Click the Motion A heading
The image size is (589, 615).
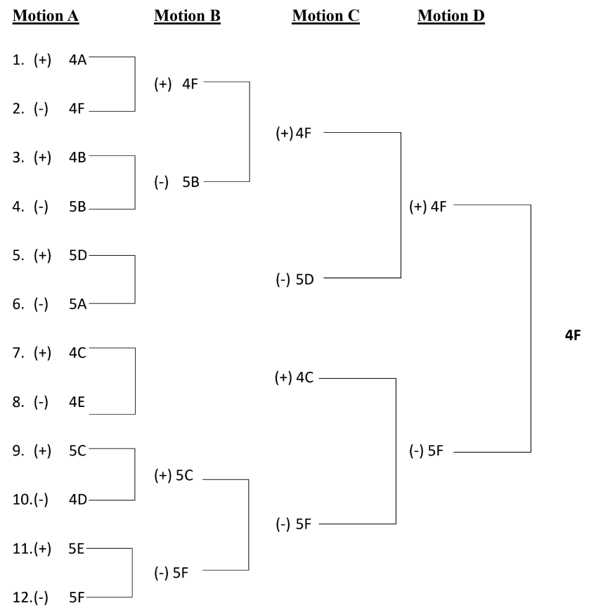coord(46,16)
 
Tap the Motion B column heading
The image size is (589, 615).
coord(187,16)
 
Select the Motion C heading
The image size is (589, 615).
coord(325,16)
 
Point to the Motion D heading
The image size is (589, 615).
coord(451,16)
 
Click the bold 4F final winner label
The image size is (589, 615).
coord(573,335)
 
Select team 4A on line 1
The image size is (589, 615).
coord(77,60)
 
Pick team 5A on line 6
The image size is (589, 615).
coord(77,304)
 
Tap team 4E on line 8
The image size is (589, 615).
coord(77,402)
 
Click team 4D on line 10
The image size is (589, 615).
coord(77,500)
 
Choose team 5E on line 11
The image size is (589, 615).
coord(76,549)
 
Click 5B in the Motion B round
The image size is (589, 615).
coord(190,182)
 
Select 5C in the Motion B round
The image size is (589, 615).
coord(184,475)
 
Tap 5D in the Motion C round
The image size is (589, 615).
coord(305,280)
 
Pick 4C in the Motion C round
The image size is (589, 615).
coord(305,377)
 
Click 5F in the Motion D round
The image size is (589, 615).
coord(435,451)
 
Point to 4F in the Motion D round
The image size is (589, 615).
coord(439,207)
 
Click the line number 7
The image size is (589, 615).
coord(18,353)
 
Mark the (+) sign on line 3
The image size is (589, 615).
coord(42,157)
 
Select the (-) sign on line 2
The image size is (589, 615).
coord(41,109)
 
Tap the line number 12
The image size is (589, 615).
coord(22,597)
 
